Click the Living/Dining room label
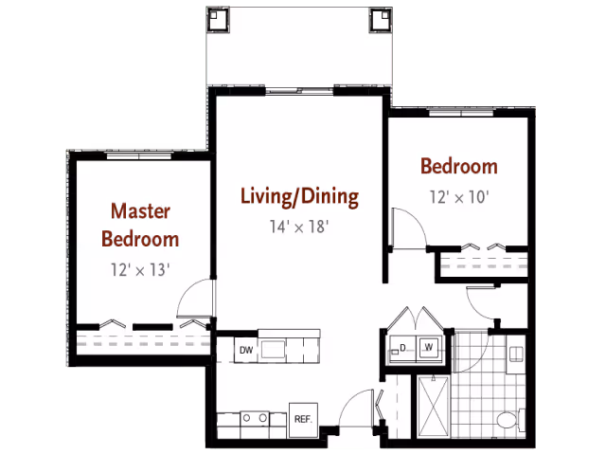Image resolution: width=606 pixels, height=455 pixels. click(299, 197)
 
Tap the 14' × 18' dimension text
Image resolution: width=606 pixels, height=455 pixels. click(299, 227)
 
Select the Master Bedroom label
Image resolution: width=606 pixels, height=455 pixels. click(140, 225)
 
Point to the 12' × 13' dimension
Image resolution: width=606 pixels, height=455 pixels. click(140, 269)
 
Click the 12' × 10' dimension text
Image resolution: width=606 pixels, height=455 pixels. click(459, 197)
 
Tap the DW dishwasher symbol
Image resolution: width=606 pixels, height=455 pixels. click(246, 350)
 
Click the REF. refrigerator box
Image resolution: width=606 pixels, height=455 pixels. click(303, 419)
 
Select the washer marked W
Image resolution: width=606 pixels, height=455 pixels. click(429, 348)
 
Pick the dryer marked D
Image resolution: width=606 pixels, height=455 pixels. click(402, 349)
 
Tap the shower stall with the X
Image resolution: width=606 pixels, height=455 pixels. click(434, 407)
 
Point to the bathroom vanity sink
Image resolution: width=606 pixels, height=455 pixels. click(516, 355)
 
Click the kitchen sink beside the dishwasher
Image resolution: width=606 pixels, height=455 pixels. click(273, 350)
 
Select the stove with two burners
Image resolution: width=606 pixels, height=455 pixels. click(255, 418)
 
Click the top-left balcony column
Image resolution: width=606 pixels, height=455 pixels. click(218, 19)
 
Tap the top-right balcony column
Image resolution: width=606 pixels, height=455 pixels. click(381, 19)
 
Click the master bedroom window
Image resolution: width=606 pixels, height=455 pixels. click(139, 155)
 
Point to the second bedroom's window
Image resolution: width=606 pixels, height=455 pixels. click(461, 113)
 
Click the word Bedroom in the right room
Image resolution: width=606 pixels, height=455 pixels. click(459, 167)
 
